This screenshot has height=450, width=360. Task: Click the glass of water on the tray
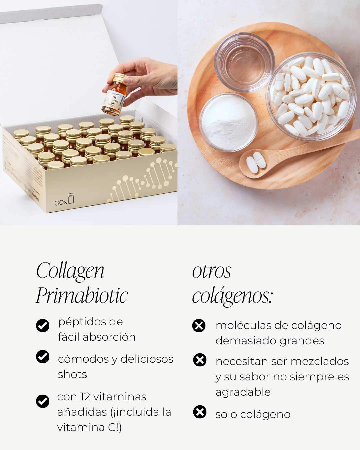pyautogui.click(x=244, y=62)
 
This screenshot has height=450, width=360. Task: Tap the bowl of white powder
pyautogui.click(x=229, y=122)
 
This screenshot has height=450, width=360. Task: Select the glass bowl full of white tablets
pyautogui.click(x=310, y=96)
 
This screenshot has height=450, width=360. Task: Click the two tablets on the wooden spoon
pyautogui.click(x=256, y=162)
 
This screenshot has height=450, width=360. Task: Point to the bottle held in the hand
pyautogui.click(x=114, y=95)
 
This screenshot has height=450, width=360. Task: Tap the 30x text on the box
pyautogui.click(x=61, y=203)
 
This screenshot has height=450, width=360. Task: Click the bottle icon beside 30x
pyautogui.click(x=71, y=198)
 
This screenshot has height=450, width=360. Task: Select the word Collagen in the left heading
pyautogui.click(x=70, y=271)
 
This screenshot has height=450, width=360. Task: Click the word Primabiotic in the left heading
pyautogui.click(x=82, y=295)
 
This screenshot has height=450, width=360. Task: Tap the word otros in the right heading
pyautogui.click(x=212, y=272)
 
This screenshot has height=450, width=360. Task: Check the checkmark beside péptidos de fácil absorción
pyautogui.click(x=43, y=326)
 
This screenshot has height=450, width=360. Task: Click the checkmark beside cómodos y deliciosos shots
pyautogui.click(x=43, y=357)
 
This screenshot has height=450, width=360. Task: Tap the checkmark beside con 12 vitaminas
pyautogui.click(x=43, y=401)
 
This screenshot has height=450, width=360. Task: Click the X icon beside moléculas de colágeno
pyautogui.click(x=199, y=326)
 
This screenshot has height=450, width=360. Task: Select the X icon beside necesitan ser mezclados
pyautogui.click(x=200, y=360)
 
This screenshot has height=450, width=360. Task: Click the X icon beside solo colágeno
pyautogui.click(x=200, y=412)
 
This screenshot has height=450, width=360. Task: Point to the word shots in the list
pyautogui.click(x=72, y=374)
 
